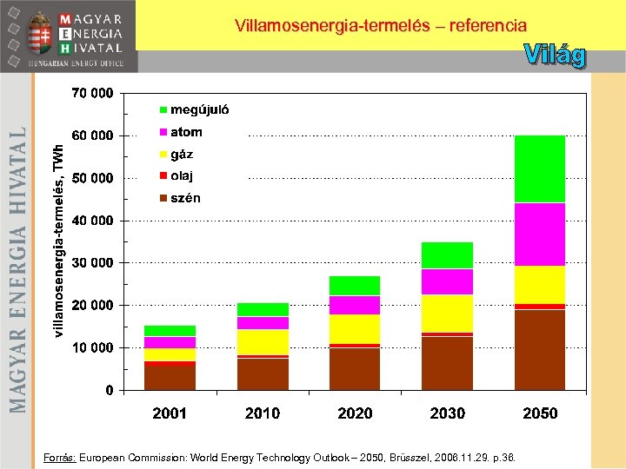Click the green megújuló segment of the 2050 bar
[x=539, y=168]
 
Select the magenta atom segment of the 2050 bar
[x=539, y=234]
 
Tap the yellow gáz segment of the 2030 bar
[x=447, y=313]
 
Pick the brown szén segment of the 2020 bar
[x=355, y=368]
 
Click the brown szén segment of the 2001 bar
[x=170, y=378]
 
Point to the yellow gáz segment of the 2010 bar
[x=262, y=341]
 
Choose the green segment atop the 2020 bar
[x=355, y=285]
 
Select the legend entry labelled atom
[x=185, y=132]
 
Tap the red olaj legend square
[x=163, y=176]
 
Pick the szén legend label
[x=185, y=198]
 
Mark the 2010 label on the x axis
[x=262, y=413]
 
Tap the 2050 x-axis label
[x=539, y=413]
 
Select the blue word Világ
[x=555, y=56]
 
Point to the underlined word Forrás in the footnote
[x=59, y=456]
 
